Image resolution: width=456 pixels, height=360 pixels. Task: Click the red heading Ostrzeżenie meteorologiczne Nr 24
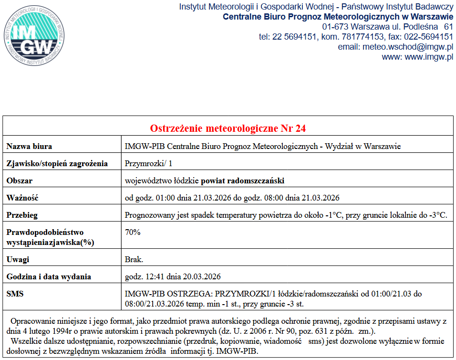(228, 128)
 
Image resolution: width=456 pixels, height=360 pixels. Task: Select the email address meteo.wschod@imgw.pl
(395, 47)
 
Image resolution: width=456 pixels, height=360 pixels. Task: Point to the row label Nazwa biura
(30, 146)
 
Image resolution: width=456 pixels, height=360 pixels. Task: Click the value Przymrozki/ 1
(148, 163)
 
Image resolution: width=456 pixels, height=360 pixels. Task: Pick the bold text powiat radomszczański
(243, 180)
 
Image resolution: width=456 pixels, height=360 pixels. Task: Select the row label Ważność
(22, 198)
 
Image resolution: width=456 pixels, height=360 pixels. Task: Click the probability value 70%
(133, 232)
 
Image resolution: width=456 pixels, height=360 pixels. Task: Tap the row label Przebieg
(22, 215)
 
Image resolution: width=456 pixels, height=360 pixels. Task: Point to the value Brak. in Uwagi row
(134, 259)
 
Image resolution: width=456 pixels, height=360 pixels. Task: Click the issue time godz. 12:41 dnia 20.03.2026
(173, 276)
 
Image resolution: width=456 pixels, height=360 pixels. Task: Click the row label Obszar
(20, 180)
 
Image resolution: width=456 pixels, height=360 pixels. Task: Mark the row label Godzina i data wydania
(49, 276)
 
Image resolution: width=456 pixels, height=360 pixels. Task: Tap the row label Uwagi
(18, 259)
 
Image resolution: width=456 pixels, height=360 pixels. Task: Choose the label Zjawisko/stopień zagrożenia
(57, 163)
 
